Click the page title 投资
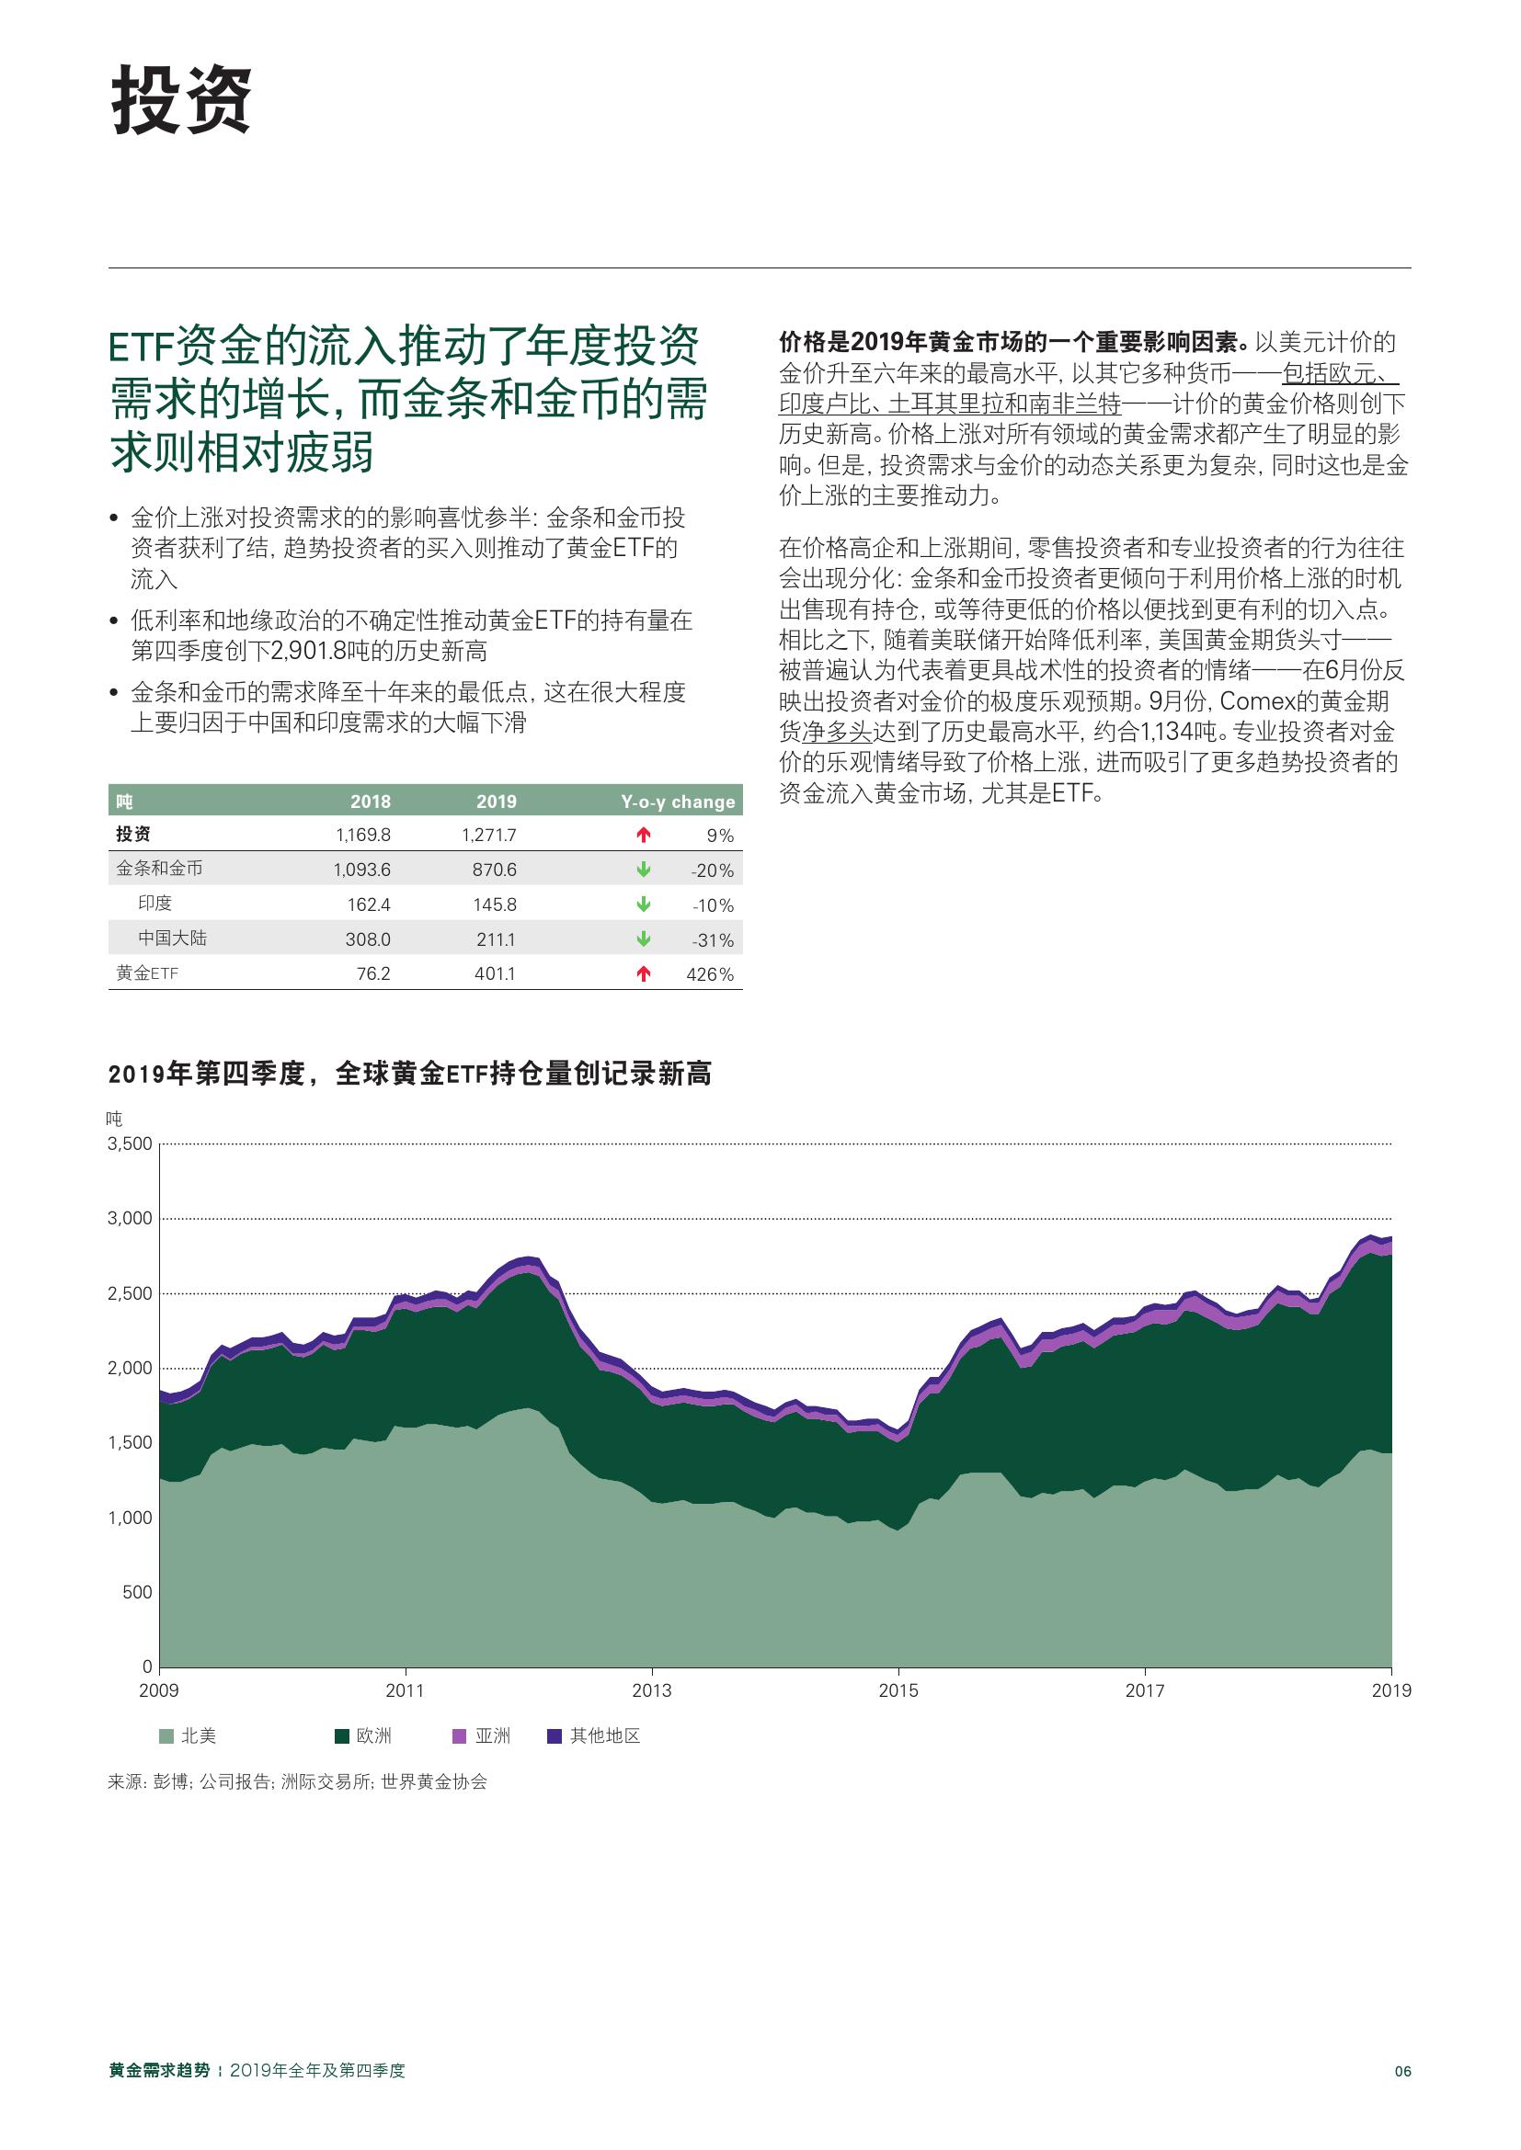[182, 102]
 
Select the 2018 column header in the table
[370, 802]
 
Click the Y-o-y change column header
[677, 802]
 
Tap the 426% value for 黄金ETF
[709, 974]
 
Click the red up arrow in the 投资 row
[644, 835]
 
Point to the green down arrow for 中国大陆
[644, 939]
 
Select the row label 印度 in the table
[155, 904]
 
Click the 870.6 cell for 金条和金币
[494, 870]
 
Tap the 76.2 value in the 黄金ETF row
[372, 974]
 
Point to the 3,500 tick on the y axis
[131, 1143]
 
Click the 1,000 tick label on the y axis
[131, 1518]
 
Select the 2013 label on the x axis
[652, 1690]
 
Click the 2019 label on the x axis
[1390, 1690]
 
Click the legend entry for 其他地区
[595, 1736]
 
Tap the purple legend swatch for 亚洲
[459, 1736]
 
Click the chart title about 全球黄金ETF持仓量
[409, 1074]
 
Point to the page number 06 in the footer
[1402, 2071]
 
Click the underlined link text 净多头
[838, 733]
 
